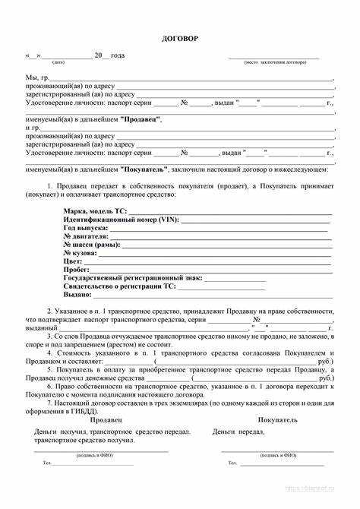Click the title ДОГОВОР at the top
(180, 38)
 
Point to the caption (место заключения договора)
(274, 63)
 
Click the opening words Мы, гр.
(38, 77)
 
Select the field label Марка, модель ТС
(95, 210)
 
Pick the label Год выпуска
(86, 228)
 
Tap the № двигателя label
(86, 236)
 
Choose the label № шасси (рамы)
(91, 245)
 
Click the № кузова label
(82, 253)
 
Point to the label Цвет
(73, 261)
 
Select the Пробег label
(77, 270)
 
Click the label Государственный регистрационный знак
(133, 278)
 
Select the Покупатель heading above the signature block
(277, 420)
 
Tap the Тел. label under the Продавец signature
(47, 463)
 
